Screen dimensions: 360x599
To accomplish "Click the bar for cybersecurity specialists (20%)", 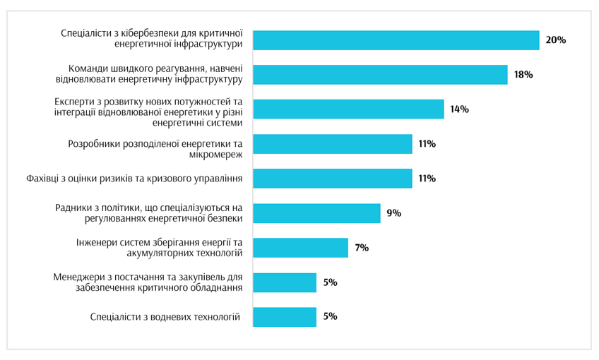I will coord(396,40).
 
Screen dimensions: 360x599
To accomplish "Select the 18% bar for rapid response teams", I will coord(380,75).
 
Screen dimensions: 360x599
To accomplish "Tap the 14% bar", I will coord(348,109).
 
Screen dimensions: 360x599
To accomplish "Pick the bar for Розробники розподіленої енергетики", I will coord(332,144).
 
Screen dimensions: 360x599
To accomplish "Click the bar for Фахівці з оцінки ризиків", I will coord(332,179).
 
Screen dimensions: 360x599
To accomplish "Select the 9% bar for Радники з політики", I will coord(316,213).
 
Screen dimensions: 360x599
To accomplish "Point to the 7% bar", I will coord(300,248).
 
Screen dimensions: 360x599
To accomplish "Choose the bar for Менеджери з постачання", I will coord(285,282).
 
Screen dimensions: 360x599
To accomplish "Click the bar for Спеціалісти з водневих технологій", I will coord(285,317).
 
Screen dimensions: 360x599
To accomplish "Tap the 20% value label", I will coord(555,40).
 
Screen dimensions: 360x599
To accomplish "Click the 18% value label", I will coord(523,75).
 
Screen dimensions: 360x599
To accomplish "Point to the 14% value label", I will coord(460,109).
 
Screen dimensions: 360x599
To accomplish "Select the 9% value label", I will coord(394,213).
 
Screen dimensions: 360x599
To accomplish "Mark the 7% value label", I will coord(362,248).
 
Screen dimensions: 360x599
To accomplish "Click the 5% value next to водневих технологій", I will coord(330,317).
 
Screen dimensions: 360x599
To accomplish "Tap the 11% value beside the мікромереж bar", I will coord(427,144).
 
